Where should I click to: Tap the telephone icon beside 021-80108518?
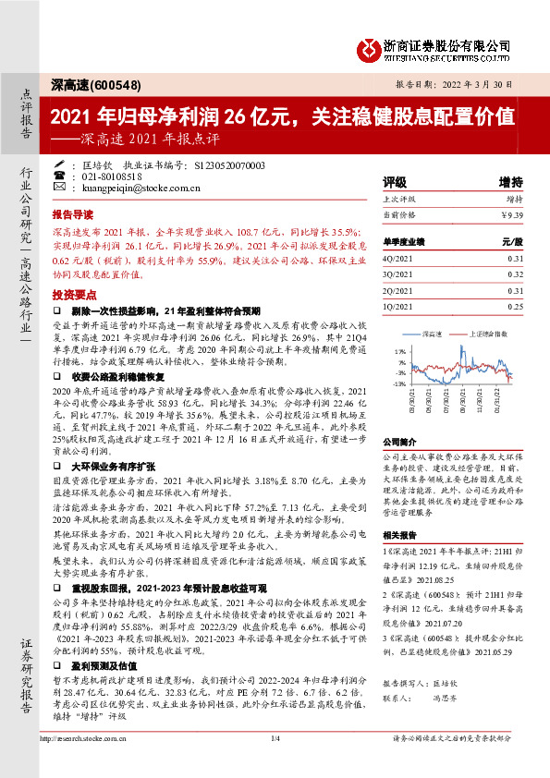click(59, 176)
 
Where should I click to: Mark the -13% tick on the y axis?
click(399, 383)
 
